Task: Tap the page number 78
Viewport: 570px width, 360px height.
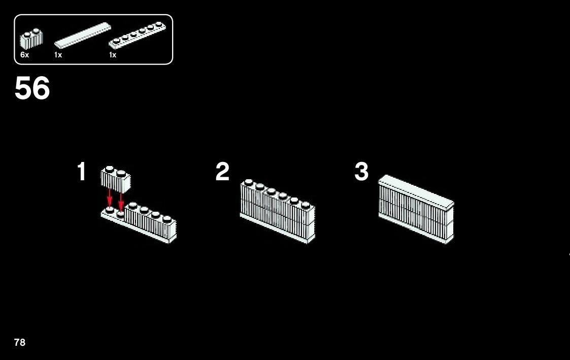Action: click(x=20, y=342)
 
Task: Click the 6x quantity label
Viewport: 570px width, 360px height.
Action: click(x=24, y=55)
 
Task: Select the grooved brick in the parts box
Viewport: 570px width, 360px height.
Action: click(x=31, y=39)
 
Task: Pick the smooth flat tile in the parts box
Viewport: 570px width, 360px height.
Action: click(x=82, y=35)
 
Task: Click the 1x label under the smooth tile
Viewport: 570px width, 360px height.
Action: click(x=58, y=55)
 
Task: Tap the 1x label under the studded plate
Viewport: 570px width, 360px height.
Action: click(x=113, y=55)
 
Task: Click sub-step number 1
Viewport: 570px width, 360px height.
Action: click(x=81, y=172)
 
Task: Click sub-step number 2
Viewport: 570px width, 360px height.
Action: click(x=222, y=172)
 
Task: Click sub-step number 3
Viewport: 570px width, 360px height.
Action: click(x=361, y=172)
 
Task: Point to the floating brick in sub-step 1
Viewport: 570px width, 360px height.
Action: click(x=116, y=178)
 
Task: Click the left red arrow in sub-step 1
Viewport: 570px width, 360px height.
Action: click(x=110, y=198)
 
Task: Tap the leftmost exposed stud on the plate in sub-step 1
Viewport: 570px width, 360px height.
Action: click(x=109, y=209)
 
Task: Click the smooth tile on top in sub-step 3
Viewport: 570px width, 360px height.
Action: click(x=416, y=191)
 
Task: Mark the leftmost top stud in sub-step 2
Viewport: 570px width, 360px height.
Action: click(x=248, y=182)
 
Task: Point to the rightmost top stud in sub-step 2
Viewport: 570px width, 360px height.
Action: click(x=306, y=205)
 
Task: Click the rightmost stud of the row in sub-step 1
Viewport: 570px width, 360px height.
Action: click(x=167, y=219)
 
